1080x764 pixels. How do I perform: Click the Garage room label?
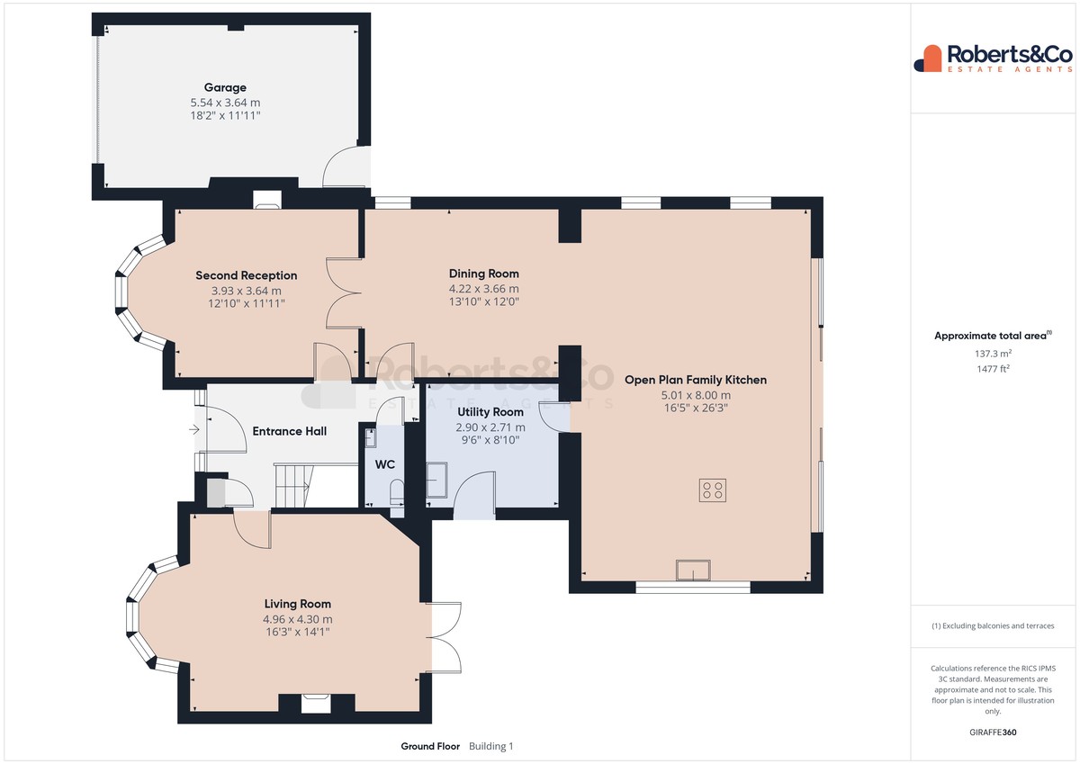point(225,87)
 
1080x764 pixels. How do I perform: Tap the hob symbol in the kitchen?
point(713,490)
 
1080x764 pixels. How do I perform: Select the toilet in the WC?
point(397,491)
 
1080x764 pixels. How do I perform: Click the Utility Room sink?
point(436,480)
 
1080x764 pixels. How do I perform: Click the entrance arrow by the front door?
point(194,429)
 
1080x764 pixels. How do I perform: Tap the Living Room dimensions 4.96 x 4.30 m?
point(298,619)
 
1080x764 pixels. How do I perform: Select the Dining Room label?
point(484,274)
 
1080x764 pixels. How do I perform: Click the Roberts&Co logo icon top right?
point(928,58)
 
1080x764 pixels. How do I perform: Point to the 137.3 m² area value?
point(993,354)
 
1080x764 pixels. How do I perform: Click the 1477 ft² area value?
point(993,369)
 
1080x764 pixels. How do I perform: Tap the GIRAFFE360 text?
point(993,733)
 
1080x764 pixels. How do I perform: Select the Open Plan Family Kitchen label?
point(696,380)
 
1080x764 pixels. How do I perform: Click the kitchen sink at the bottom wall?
point(693,570)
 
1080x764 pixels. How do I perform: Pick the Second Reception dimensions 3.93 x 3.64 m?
point(247,291)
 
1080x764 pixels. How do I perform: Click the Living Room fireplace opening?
point(316,704)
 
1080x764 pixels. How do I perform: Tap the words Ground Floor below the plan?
point(430,746)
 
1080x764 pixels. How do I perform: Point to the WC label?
point(385,464)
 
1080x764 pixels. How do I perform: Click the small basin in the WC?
point(370,438)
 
